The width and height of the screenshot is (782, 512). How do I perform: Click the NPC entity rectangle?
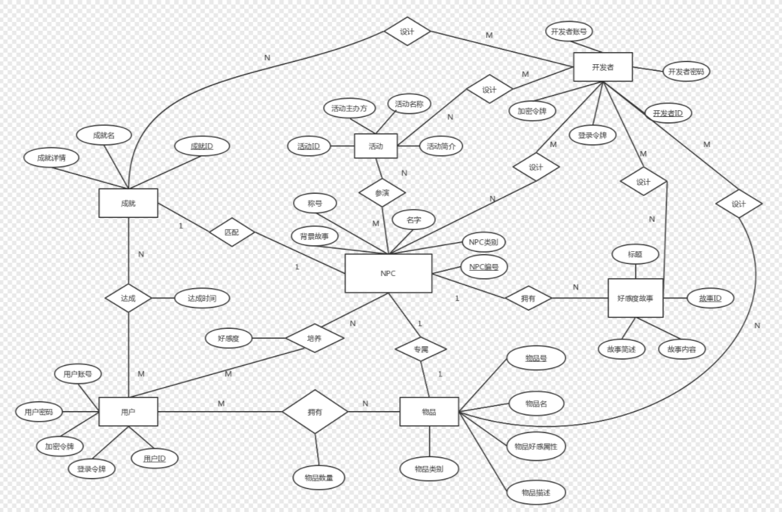pyautogui.click(x=388, y=273)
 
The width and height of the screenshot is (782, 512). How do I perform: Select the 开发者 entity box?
pyautogui.click(x=603, y=67)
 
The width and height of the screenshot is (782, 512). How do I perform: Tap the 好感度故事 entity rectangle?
pyautogui.click(x=636, y=298)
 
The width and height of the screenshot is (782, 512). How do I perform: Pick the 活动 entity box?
pyautogui.click(x=375, y=146)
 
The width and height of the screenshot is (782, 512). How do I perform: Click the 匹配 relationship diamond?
pyautogui.click(x=231, y=233)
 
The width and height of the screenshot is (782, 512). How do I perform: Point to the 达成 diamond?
pyautogui.click(x=128, y=298)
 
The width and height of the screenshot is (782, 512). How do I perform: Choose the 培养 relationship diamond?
pyautogui.click(x=314, y=338)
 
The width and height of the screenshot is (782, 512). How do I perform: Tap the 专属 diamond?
pyautogui.click(x=420, y=349)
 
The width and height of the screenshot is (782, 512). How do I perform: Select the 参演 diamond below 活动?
pyautogui.click(x=382, y=193)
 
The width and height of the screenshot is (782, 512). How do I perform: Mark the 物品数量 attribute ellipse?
pyautogui.click(x=319, y=477)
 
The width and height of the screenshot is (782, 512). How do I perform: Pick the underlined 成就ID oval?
pyautogui.click(x=202, y=146)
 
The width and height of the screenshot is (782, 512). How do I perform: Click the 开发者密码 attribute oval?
pyautogui.click(x=686, y=72)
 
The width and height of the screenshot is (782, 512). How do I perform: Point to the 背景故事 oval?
pyautogui.click(x=314, y=236)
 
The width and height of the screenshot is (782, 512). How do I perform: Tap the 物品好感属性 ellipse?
pyautogui.click(x=536, y=446)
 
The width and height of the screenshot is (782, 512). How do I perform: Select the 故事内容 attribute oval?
pyautogui.click(x=682, y=348)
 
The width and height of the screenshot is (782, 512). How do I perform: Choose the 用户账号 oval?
pyautogui.click(x=78, y=374)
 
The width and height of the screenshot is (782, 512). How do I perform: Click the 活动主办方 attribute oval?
pyautogui.click(x=349, y=108)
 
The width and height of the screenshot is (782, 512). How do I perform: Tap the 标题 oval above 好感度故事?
pyautogui.click(x=635, y=255)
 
